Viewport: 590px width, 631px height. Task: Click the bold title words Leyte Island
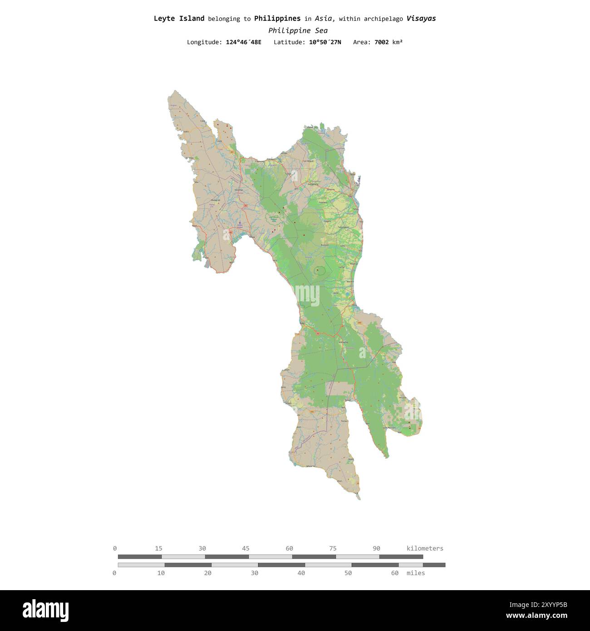point(179,19)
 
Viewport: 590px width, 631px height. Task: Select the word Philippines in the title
point(277,19)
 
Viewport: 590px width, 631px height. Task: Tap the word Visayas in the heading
point(421,19)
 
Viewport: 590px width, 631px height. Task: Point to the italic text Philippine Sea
point(298,30)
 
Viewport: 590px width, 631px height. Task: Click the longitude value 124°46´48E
point(243,42)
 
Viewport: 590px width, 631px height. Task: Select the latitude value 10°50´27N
point(325,42)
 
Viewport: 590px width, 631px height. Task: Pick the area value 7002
point(381,42)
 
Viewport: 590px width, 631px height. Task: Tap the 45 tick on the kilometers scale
point(246,548)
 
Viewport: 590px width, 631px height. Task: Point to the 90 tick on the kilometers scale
point(376,548)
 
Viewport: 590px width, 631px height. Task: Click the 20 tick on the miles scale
point(207,573)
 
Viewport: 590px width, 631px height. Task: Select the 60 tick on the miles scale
point(394,573)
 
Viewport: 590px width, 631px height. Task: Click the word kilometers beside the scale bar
point(425,548)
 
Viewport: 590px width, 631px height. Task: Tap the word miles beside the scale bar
point(416,573)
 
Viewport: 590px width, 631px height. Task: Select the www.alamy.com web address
point(536,616)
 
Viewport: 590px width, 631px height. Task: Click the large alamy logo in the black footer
point(45,610)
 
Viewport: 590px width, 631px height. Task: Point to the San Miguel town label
point(308,161)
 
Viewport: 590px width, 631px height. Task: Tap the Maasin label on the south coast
point(310,466)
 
